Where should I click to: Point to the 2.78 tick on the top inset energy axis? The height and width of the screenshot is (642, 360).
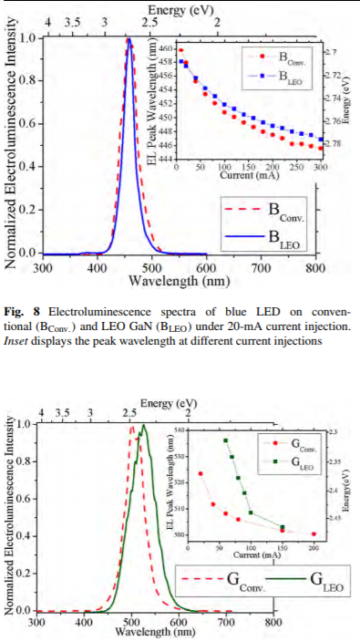click(334, 144)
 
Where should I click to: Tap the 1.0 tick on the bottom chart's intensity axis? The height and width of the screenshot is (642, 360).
click(26, 424)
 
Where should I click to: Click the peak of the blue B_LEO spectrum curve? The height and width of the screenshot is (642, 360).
click(129, 39)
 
